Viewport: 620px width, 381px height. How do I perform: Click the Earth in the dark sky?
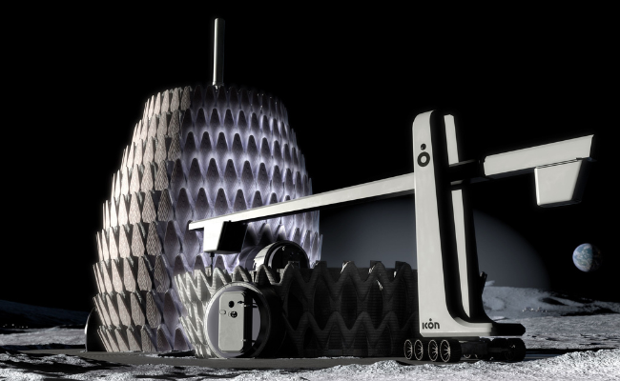click(585, 256)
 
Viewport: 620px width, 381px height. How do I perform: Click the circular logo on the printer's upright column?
click(423, 155)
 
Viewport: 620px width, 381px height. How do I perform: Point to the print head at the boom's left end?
click(218, 233)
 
